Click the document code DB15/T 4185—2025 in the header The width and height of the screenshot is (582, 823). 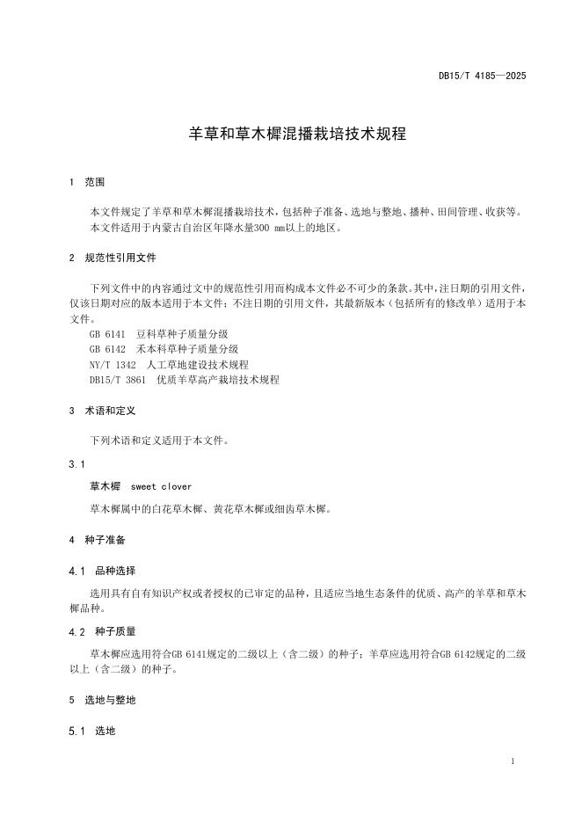[482, 76]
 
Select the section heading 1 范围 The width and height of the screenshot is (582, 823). [87, 182]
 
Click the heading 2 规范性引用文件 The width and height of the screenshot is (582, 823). [113, 259]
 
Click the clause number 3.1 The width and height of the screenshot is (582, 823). [76, 463]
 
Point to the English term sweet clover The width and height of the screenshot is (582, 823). [161, 486]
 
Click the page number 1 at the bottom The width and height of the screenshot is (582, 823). [513, 761]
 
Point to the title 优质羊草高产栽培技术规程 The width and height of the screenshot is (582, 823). [217, 379]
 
